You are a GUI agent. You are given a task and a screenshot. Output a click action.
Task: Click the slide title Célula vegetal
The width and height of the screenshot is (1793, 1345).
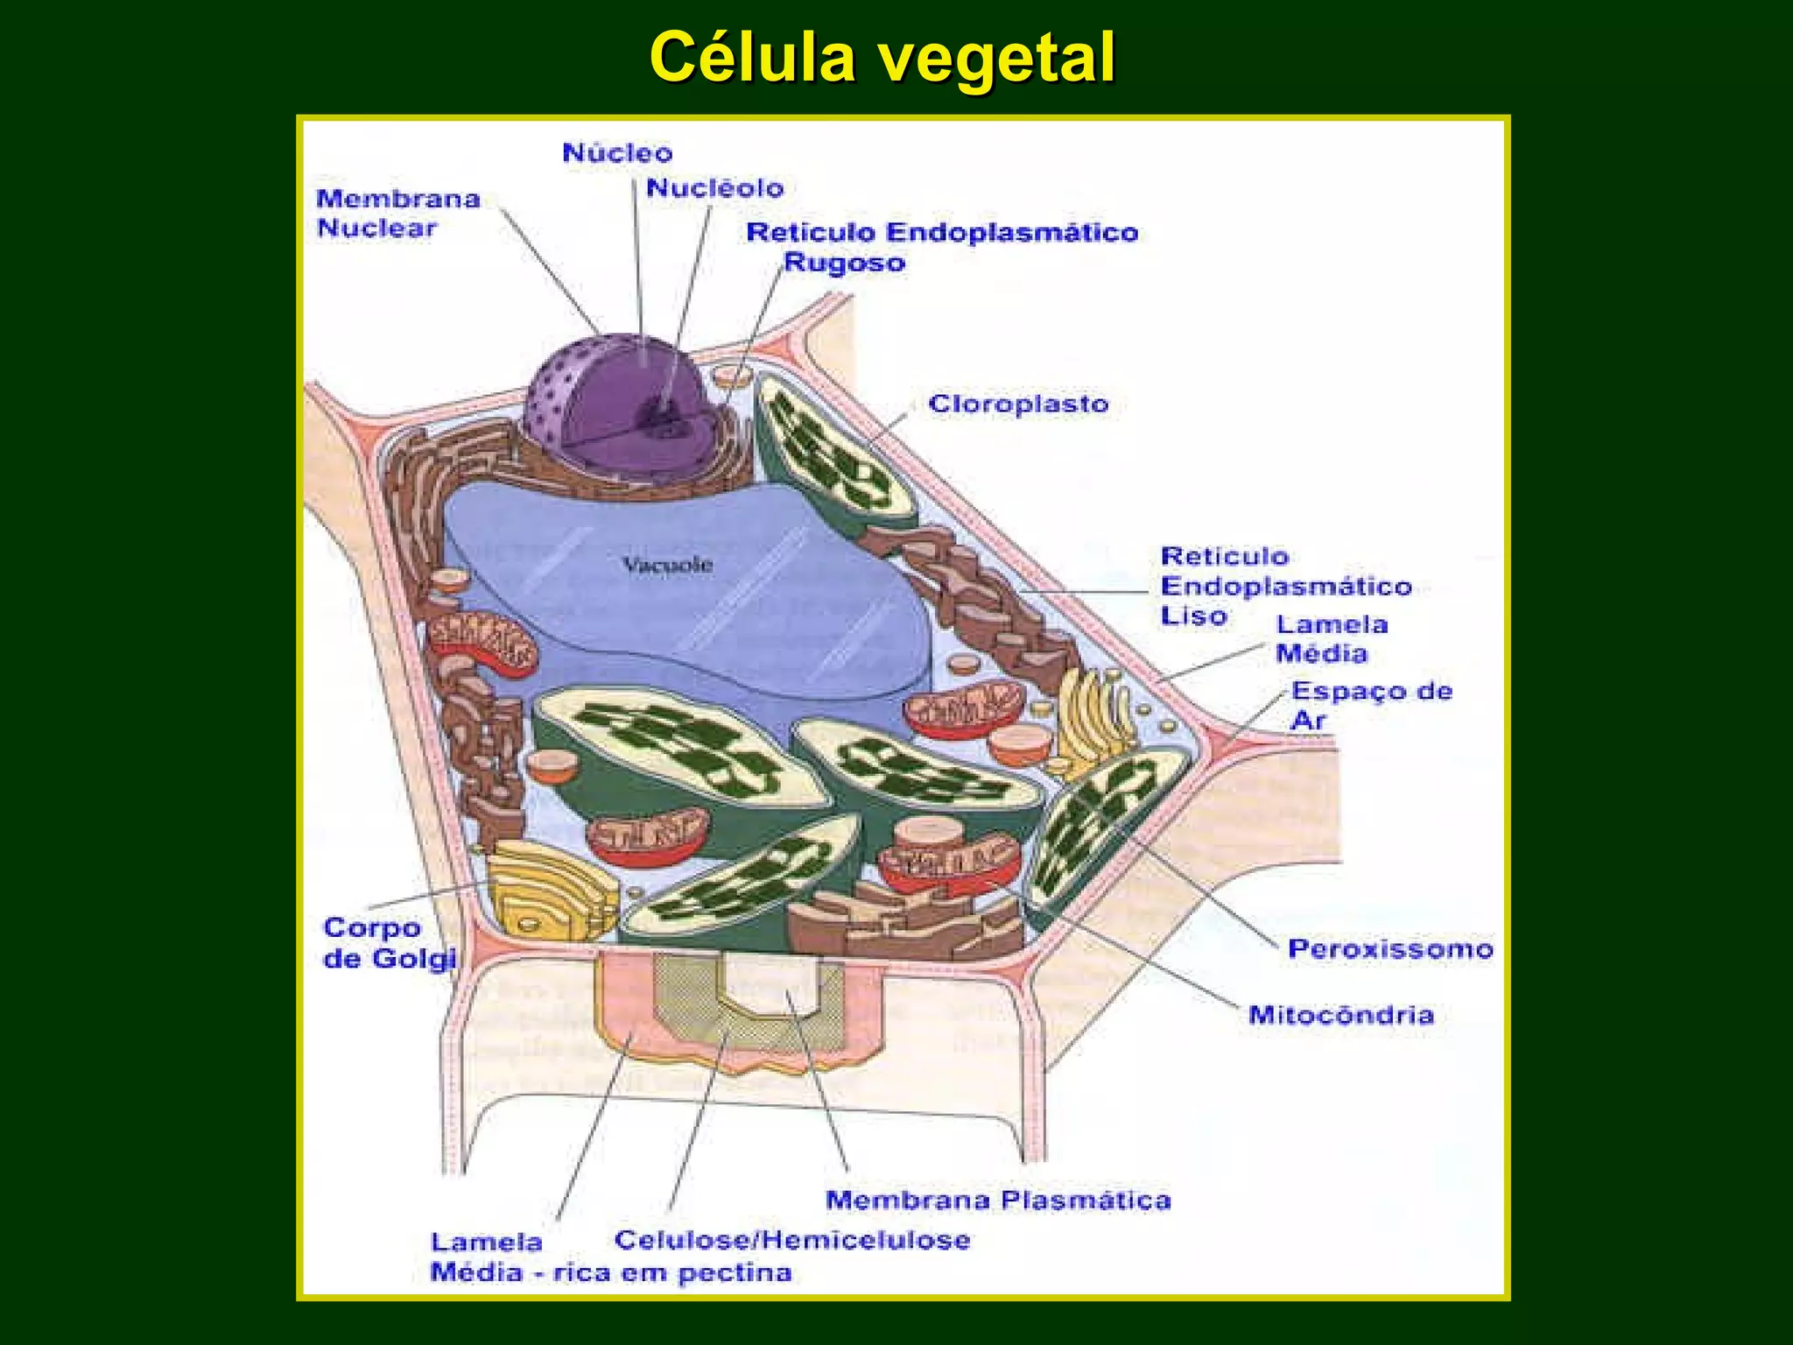[x=882, y=58]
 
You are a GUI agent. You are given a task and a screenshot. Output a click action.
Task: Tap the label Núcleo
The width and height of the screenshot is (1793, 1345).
[x=617, y=153]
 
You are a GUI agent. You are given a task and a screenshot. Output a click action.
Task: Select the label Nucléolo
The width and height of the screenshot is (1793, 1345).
[x=714, y=188]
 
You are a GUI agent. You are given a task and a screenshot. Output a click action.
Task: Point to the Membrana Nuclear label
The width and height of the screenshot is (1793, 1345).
[x=398, y=213]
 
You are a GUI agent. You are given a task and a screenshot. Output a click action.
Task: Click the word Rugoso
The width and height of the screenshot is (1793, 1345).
[x=844, y=263]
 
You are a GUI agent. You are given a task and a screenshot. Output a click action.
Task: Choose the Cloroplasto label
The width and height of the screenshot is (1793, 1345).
[x=1018, y=405]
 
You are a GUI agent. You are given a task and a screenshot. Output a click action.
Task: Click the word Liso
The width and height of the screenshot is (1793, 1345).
[x=1193, y=616]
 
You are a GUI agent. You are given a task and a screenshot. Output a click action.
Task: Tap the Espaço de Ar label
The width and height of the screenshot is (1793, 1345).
[x=1371, y=706]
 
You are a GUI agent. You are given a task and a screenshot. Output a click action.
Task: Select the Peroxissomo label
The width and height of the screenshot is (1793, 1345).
[x=1390, y=948]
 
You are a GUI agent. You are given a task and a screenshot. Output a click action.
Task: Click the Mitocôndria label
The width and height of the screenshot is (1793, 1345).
[x=1341, y=1015]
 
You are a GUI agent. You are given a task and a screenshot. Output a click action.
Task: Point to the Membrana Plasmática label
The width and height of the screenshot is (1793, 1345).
[x=998, y=1200]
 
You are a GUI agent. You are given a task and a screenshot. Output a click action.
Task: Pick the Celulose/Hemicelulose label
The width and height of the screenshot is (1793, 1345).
[x=792, y=1240]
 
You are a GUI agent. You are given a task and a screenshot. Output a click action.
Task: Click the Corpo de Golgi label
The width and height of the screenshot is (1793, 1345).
[x=390, y=943]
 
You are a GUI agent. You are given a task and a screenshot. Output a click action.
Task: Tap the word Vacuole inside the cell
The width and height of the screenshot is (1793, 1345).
[x=667, y=565]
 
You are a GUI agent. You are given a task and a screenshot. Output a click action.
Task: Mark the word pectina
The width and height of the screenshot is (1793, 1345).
[x=735, y=1272]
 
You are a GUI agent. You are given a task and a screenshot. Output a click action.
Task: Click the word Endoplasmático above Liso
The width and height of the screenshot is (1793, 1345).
[x=1286, y=586]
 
